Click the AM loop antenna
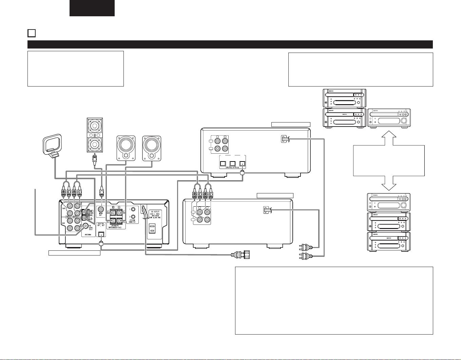[x=51, y=144]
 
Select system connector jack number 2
[x=133, y=217]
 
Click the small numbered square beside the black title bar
[x=31, y=33]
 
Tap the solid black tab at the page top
[x=92, y=8]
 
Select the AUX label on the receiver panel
[x=63, y=223]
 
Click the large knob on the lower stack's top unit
[x=403, y=206]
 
